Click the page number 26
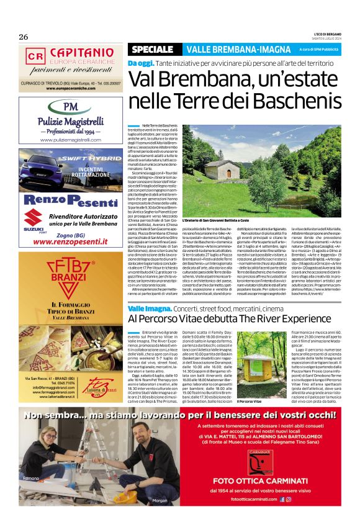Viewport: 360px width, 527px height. click(x=24, y=36)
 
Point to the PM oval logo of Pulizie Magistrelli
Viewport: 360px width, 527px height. click(x=71, y=107)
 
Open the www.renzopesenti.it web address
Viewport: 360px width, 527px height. click(x=71, y=241)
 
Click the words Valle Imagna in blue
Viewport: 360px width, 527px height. click(x=145, y=309)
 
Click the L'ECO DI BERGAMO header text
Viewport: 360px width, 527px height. click(x=325, y=33)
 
